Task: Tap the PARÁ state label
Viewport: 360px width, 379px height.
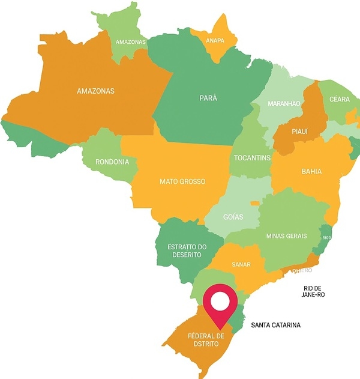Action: [x=208, y=97]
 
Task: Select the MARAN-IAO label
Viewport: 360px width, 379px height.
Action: [x=283, y=104]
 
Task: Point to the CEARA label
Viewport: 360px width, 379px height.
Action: [x=339, y=99]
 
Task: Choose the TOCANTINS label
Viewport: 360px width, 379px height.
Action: [x=251, y=158]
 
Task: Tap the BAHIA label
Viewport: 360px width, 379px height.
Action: [x=311, y=171]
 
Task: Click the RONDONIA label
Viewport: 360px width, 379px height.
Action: [x=112, y=162]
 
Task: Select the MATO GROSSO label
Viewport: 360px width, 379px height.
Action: [x=182, y=181]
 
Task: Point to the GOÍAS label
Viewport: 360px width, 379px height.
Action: [x=233, y=217]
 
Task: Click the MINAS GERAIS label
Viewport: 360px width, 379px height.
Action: [x=286, y=236]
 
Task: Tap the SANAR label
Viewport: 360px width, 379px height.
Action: [x=241, y=264]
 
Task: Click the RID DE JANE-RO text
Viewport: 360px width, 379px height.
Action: [x=314, y=292]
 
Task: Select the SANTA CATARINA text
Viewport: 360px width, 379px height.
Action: [x=275, y=326]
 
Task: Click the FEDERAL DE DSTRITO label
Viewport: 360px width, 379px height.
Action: [x=206, y=340]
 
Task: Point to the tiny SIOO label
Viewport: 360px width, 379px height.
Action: [x=326, y=238]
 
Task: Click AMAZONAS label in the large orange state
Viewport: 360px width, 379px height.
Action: [x=95, y=91]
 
